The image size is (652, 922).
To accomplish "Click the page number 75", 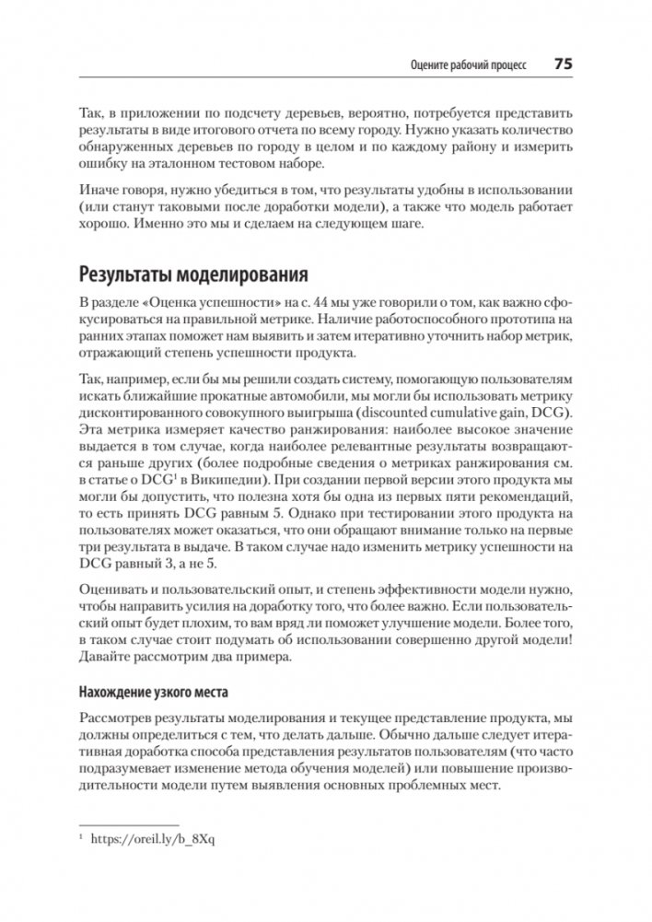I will (563, 64).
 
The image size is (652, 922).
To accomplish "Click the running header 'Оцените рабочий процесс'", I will (468, 65).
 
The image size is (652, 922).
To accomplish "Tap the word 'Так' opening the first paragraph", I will (91, 111).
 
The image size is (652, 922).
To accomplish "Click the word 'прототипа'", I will (531, 320).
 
